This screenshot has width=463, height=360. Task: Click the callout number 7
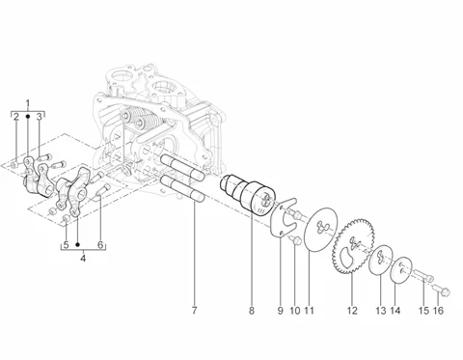tap(194, 311)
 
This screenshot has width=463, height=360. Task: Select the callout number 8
tap(252, 311)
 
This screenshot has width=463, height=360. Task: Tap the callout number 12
tap(352, 311)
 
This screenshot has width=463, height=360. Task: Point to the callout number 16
tap(438, 311)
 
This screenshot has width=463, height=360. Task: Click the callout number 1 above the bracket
tap(28, 103)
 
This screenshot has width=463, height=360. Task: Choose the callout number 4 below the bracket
tap(83, 258)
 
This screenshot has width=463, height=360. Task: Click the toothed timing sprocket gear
tap(353, 246)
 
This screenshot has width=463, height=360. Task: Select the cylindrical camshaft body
tap(248, 195)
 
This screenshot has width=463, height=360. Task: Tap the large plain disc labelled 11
tap(320, 229)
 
